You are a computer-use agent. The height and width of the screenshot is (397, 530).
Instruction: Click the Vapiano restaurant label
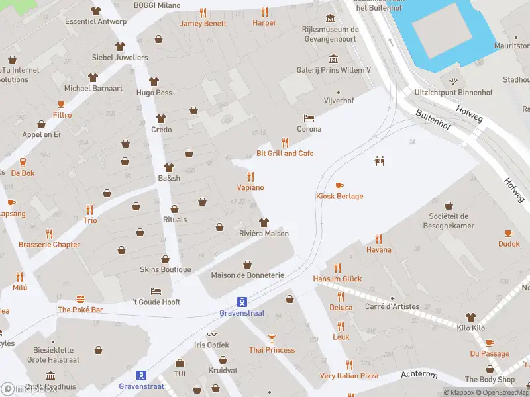(250, 187)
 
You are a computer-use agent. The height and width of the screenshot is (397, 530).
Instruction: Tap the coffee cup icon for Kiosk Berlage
(339, 185)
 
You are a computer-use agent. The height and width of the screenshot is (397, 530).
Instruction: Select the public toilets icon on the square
(380, 161)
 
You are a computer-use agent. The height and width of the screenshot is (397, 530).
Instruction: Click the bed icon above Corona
(309, 118)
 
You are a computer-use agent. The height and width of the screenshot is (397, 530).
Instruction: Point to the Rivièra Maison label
(263, 233)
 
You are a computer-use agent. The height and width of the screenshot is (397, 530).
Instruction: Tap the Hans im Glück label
(337, 279)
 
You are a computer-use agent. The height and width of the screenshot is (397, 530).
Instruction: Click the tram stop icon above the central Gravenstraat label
(242, 301)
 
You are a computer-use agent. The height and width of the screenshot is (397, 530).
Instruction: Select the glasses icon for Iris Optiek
(211, 334)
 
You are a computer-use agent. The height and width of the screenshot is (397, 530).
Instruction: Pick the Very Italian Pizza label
(349, 376)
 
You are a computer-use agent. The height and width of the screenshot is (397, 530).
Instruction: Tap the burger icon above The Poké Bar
(81, 299)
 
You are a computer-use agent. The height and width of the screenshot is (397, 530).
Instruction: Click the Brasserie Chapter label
(49, 245)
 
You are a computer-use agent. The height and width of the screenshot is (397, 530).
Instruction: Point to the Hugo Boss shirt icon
(154, 81)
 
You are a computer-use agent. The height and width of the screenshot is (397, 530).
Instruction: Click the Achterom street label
(419, 375)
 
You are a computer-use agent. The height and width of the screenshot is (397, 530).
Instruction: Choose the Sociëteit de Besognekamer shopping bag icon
(449, 204)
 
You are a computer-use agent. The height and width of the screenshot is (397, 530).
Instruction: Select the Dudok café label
(509, 243)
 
